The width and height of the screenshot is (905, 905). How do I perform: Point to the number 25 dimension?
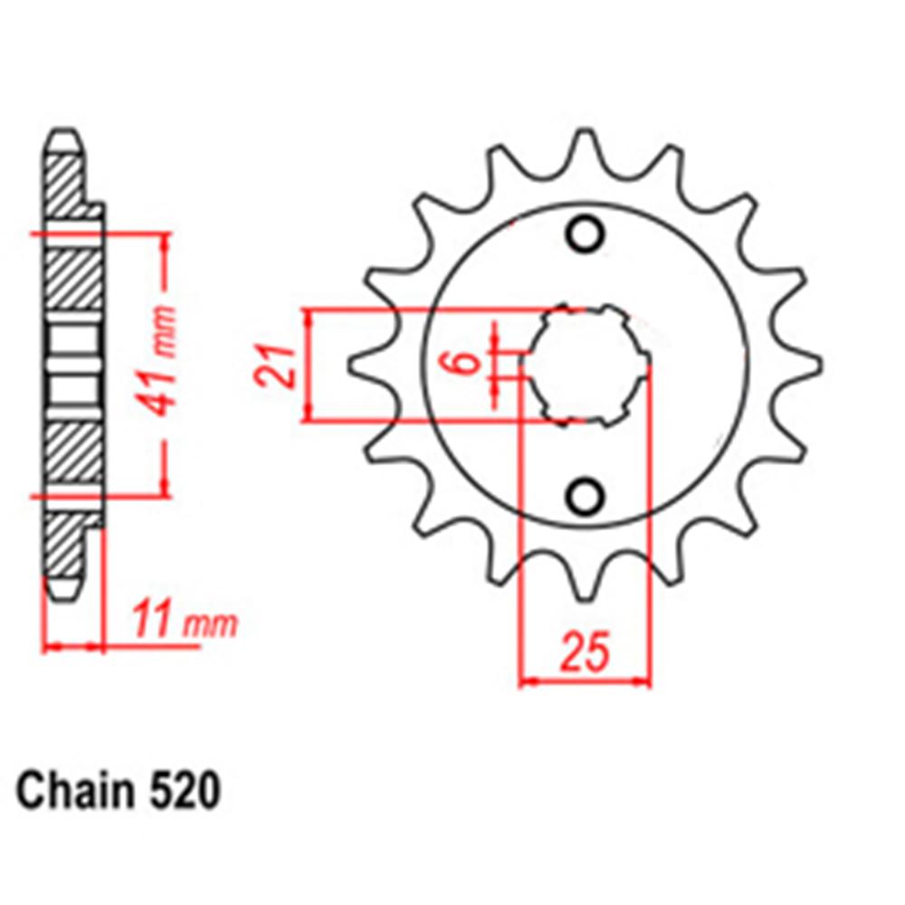585,653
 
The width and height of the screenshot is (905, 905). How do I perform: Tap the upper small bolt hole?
585,233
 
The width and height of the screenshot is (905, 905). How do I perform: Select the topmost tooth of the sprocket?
585,145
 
